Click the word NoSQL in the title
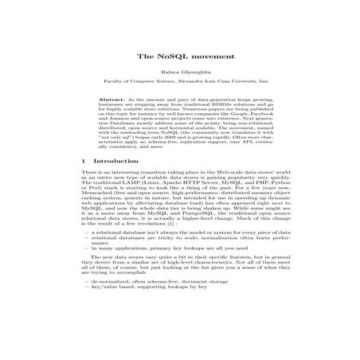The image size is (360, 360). [x=171, y=57]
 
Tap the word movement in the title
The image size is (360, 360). [x=203, y=57]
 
